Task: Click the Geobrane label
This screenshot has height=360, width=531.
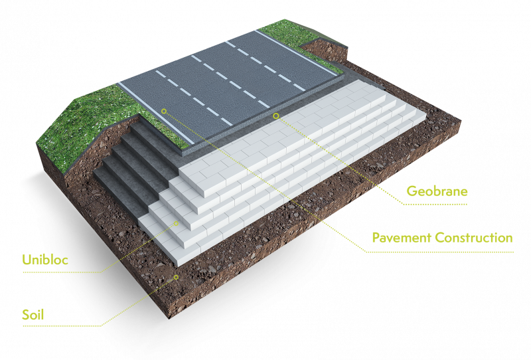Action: pyautogui.click(x=437, y=191)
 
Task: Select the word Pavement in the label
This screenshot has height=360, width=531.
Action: pyautogui.click(x=402, y=238)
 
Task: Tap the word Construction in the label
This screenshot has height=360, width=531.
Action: pyautogui.click(x=474, y=238)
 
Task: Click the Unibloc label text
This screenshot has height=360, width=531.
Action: pyautogui.click(x=45, y=260)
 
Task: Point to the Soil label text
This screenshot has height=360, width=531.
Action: pyautogui.click(x=33, y=315)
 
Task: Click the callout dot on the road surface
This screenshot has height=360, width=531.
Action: pyautogui.click(x=164, y=111)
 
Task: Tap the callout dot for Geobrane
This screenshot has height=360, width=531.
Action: pyautogui.click(x=276, y=116)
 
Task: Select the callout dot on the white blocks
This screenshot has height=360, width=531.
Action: pyautogui.click(x=176, y=223)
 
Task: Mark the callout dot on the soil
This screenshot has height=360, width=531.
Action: pyautogui.click(x=176, y=277)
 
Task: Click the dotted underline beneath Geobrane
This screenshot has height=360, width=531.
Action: pyautogui.click(x=435, y=205)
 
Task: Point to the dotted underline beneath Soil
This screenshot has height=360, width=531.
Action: pyautogui.click(x=62, y=326)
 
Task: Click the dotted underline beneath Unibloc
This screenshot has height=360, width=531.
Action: pyautogui.click(x=62, y=272)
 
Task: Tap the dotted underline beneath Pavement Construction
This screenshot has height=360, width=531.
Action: pyautogui.click(x=440, y=252)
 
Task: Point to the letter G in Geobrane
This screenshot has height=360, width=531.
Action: pyautogui.click(x=412, y=191)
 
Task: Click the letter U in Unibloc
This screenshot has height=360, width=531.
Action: pyautogui.click(x=27, y=260)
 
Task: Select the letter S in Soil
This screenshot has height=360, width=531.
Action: pyautogui.click(x=26, y=315)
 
